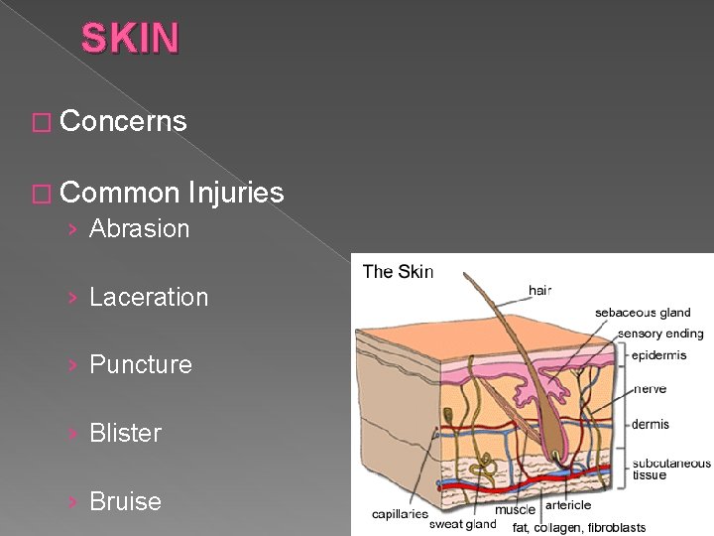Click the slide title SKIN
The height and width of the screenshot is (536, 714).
coord(130,39)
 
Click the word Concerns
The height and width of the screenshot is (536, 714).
coord(123,121)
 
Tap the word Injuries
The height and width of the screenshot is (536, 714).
coord(234,192)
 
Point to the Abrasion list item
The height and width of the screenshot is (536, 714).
coord(139,228)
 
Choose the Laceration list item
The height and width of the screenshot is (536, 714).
coord(149,297)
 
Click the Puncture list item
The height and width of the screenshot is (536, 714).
coord(141,364)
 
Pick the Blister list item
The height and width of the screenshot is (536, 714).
coord(125,433)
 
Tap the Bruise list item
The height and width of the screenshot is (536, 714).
coord(125,501)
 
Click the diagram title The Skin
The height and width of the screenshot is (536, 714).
coord(398,272)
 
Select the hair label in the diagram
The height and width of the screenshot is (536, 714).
coord(539,290)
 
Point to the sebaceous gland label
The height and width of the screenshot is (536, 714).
coord(643,313)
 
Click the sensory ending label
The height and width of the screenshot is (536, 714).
coord(659,334)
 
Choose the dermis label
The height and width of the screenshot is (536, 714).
coord(651,424)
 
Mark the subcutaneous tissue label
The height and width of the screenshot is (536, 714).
coord(671,469)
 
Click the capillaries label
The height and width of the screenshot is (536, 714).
coord(400,514)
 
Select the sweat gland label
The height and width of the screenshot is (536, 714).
coord(462,524)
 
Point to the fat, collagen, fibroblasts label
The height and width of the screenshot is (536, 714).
coord(578,527)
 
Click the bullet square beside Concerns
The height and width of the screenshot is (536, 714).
coord(40,122)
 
